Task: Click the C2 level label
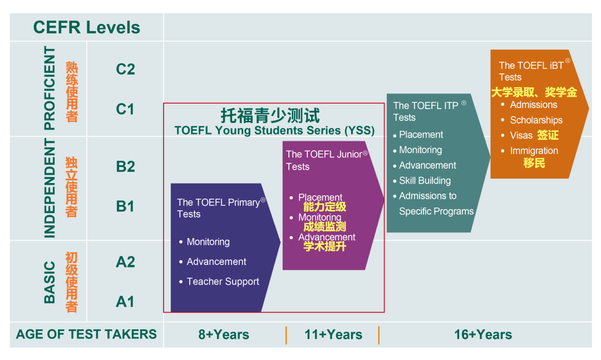click(125, 70)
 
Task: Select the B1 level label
click(125, 206)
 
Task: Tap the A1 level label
click(125, 302)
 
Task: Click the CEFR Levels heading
click(87, 28)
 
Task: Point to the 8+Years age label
click(224, 334)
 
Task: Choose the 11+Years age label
click(333, 334)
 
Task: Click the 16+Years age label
click(483, 334)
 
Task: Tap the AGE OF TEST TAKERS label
click(86, 334)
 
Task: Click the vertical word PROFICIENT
click(50, 88)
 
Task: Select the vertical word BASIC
click(50, 283)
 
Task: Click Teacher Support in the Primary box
click(223, 282)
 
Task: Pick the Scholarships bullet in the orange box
click(536, 120)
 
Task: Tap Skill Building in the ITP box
click(425, 181)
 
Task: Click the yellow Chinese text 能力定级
click(324, 207)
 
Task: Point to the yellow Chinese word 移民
click(534, 163)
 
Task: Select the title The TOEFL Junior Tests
click(326, 160)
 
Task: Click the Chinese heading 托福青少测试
click(270, 115)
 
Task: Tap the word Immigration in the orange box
click(534, 151)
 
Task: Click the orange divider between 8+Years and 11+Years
click(286, 335)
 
